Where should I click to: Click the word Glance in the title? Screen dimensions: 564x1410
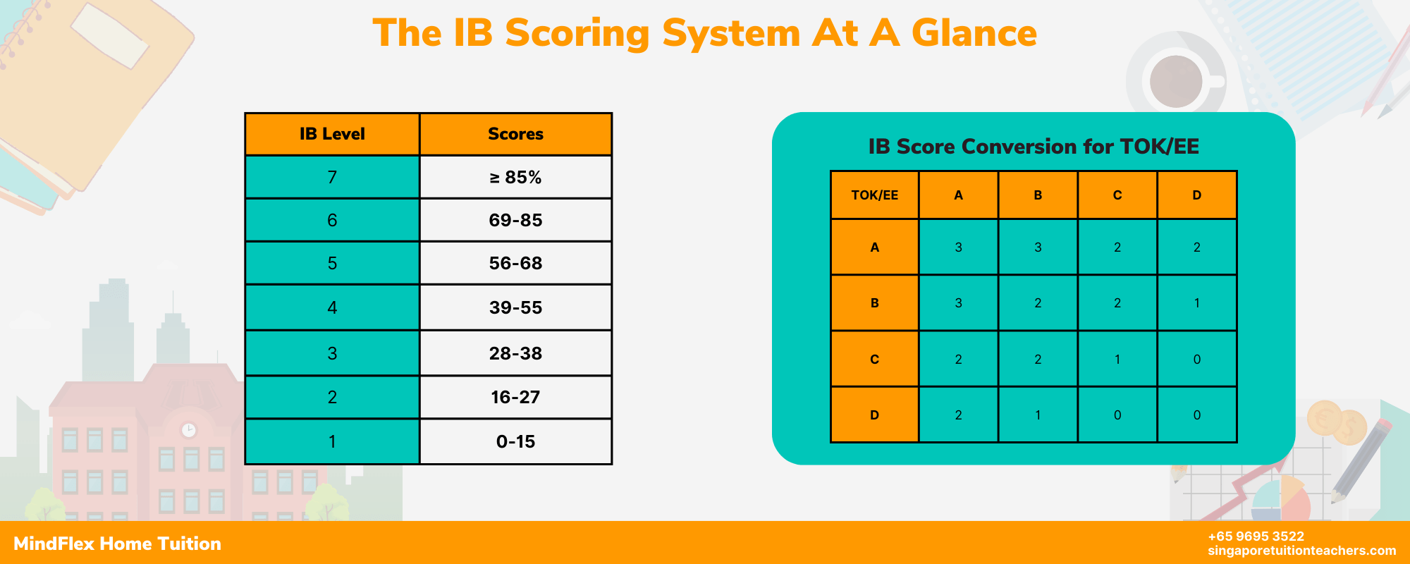tap(974, 33)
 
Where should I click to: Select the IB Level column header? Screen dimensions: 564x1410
tap(332, 134)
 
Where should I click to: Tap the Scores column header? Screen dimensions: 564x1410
tap(515, 134)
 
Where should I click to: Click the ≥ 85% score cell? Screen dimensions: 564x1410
tap(515, 177)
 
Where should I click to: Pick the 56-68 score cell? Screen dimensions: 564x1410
tap(515, 263)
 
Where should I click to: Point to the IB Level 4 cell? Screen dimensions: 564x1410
tap(332, 307)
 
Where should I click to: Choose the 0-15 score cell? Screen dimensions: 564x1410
tap(515, 441)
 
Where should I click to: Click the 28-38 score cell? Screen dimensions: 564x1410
tap(515, 353)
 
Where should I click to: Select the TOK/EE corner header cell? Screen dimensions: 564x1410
tap(874, 195)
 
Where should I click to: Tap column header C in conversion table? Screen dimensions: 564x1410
tap(1117, 195)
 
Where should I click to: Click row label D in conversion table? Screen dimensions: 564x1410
tap(874, 415)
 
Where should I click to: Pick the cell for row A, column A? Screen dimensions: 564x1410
tap(958, 247)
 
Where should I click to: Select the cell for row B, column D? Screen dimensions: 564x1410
tap(1196, 303)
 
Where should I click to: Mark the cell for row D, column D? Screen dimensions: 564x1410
tap(1196, 415)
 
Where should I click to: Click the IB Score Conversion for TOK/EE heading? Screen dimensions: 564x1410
tap(1034, 146)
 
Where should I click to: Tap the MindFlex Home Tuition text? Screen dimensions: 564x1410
tap(117, 544)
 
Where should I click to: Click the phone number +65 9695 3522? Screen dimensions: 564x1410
tap(1256, 537)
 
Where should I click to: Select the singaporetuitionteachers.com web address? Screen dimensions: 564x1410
tap(1301, 551)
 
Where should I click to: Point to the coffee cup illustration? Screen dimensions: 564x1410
tap(1176, 80)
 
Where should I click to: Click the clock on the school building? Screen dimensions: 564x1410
tap(188, 429)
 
